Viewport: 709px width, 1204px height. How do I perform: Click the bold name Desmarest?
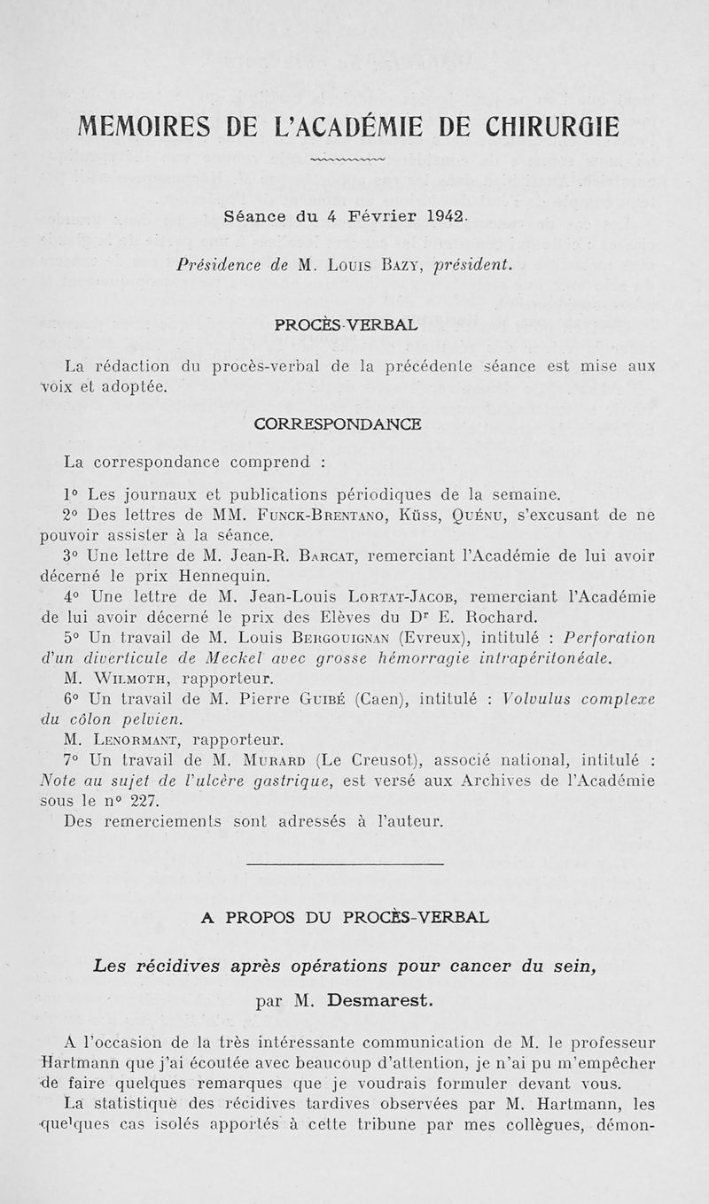coord(376,1002)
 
